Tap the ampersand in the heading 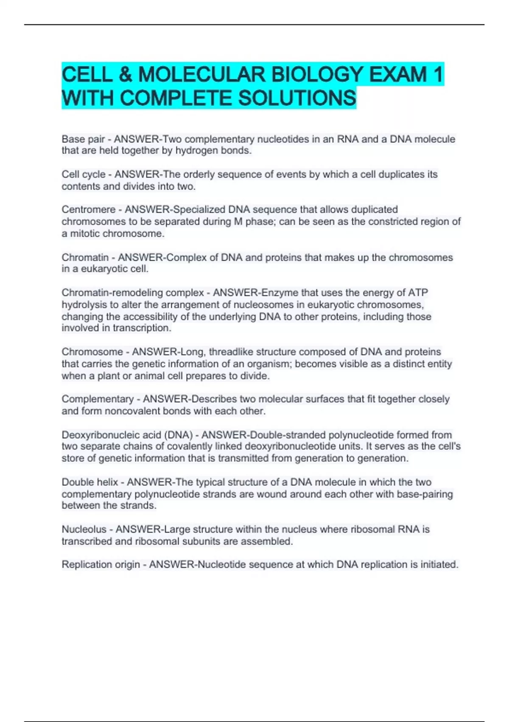click(124, 75)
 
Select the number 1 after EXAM click(438, 75)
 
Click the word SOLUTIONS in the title click(297, 98)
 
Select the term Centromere click(88, 209)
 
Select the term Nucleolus click(84, 529)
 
